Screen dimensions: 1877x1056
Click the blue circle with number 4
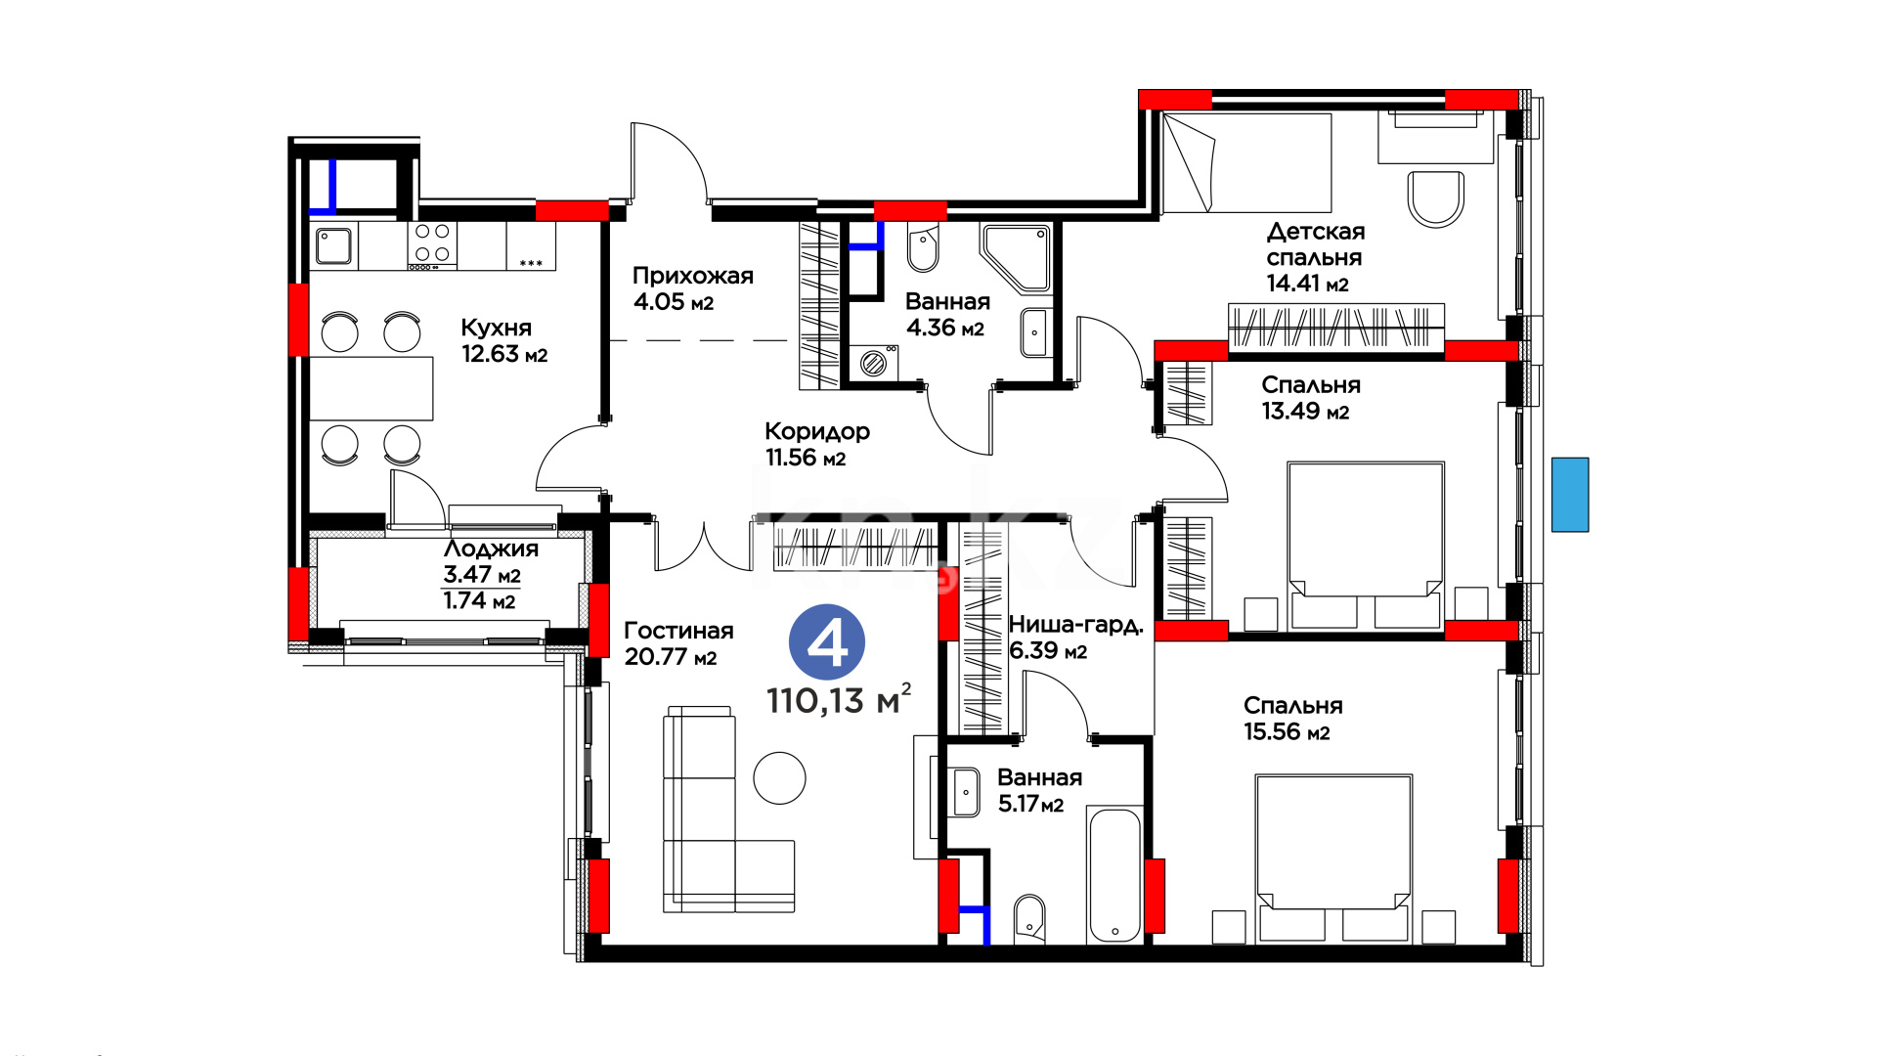827,642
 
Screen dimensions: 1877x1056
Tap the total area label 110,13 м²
839,699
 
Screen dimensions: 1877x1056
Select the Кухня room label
497,328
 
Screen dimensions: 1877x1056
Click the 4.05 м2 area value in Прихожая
674,302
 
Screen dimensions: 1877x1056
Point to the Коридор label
817,431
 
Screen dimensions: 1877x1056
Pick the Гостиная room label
678,631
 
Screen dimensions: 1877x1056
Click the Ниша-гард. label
1075,625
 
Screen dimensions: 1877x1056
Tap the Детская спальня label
1315,244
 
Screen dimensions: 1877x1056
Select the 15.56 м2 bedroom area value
1287,732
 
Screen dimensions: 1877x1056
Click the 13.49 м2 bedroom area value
1305,412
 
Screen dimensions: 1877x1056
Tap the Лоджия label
491,549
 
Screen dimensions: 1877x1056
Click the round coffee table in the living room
779,777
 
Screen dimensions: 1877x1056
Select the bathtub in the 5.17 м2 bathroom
1114,874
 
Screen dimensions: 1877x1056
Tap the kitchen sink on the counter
333,245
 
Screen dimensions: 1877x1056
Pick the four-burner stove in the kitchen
432,245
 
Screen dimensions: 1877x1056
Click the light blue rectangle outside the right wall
1570,495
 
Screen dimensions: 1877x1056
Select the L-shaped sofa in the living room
728,810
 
